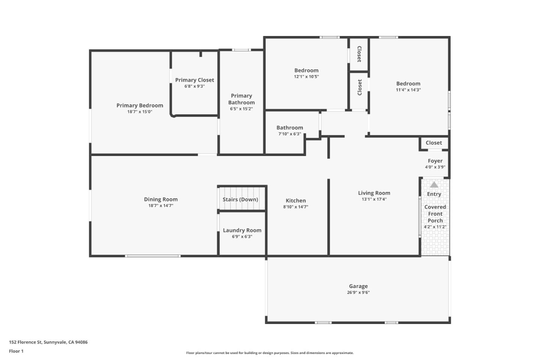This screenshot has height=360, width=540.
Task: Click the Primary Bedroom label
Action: click(139, 105)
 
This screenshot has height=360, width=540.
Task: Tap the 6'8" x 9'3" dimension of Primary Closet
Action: click(194, 86)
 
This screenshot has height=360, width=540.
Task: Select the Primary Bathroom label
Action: click(241, 99)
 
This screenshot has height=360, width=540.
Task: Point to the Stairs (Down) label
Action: click(240, 199)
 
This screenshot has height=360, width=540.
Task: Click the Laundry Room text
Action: click(242, 230)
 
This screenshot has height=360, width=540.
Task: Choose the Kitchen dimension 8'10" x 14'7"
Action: click(295, 207)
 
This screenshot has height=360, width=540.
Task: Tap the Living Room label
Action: click(374, 193)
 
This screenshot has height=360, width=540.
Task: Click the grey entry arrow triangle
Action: click(434, 185)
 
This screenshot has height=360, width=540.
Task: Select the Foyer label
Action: click(435, 161)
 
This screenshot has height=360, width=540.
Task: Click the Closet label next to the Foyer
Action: click(433, 143)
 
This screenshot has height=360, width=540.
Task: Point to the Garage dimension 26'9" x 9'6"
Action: click(358, 292)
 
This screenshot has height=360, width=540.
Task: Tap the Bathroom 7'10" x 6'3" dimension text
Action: click(289, 134)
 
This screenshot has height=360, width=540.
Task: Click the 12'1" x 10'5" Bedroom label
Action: click(306, 70)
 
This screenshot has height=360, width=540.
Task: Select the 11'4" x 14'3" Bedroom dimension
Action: click(408, 90)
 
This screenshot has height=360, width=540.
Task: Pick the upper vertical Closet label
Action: click(359, 54)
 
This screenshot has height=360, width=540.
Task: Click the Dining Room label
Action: click(160, 199)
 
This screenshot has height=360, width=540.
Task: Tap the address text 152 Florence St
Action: click(25, 342)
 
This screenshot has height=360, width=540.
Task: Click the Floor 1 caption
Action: click(16, 351)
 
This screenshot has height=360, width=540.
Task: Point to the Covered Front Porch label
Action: click(435, 214)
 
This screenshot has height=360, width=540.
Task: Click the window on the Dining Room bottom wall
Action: click(153, 256)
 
